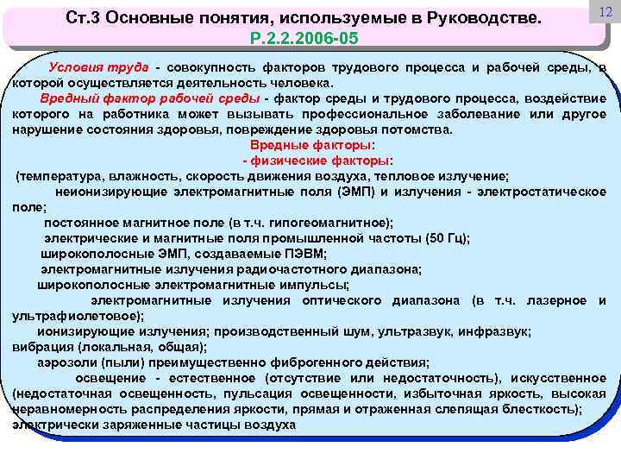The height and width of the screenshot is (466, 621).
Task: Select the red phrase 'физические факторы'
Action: pos(322,161)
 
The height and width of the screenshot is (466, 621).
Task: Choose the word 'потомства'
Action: pos(420,129)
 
